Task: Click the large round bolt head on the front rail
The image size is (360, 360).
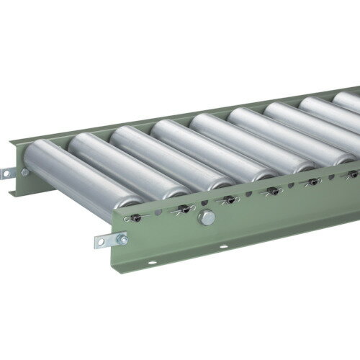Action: pyautogui.click(x=207, y=218)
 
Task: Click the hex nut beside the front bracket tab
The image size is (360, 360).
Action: pyautogui.click(x=122, y=240)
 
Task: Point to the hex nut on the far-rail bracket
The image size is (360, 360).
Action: pyautogui.click(x=24, y=172)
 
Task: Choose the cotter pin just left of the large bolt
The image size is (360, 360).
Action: pyautogui.click(x=183, y=210)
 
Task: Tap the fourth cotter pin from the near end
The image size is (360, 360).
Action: pyautogui.click(x=271, y=192)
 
